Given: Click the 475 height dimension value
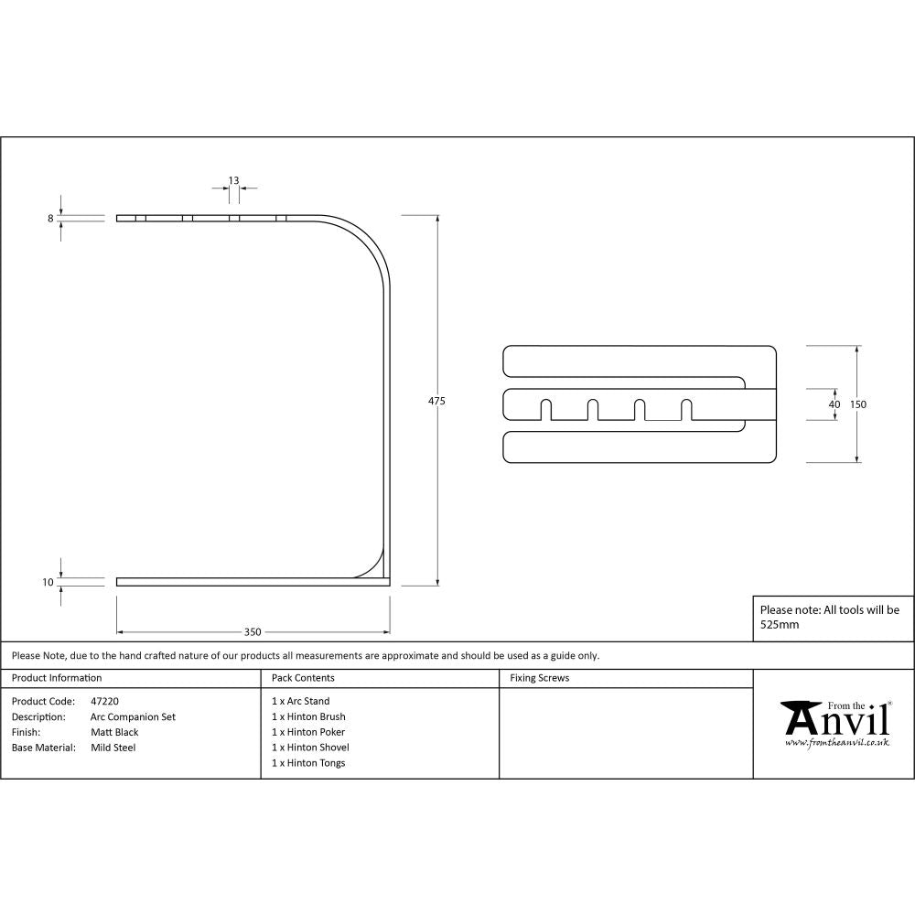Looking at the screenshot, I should (x=436, y=401).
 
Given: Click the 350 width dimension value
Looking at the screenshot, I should (x=253, y=631).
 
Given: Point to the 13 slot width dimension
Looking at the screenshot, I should (x=233, y=180).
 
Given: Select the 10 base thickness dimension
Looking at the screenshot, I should (x=48, y=582).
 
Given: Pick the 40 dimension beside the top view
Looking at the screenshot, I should (x=834, y=404).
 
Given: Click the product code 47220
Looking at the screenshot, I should (x=104, y=702).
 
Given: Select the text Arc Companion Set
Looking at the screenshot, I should (x=133, y=717).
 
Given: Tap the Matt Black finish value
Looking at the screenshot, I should (x=114, y=732).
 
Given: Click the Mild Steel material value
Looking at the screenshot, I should (x=113, y=748).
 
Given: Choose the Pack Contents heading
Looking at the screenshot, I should (x=303, y=678).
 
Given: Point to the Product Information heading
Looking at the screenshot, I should (x=57, y=678).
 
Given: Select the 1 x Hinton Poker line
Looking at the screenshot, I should (x=308, y=732).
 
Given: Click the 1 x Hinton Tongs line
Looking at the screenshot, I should (x=308, y=763).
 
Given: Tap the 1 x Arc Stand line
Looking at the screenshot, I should (x=300, y=702).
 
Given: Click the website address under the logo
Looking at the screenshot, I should (x=836, y=743).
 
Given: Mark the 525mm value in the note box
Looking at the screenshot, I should (x=780, y=625).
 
